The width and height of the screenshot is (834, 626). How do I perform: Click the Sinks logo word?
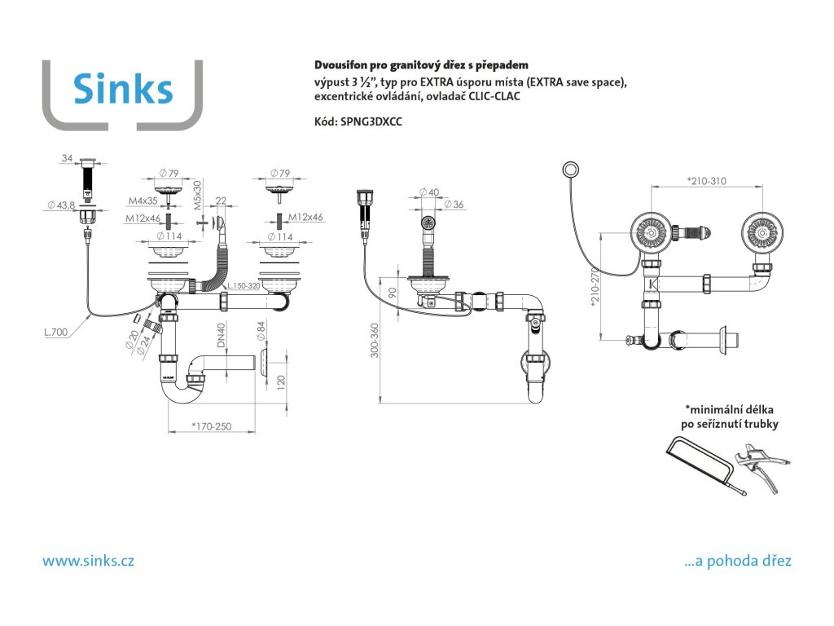coord(123,88)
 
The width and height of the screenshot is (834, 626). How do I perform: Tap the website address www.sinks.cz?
coord(88,561)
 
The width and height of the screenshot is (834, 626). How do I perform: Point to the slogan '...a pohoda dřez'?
coord(739,561)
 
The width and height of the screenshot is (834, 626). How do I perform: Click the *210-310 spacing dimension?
coord(706,180)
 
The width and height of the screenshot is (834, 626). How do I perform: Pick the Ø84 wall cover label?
coord(261,332)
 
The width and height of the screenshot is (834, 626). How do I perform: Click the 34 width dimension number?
coord(67,157)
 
